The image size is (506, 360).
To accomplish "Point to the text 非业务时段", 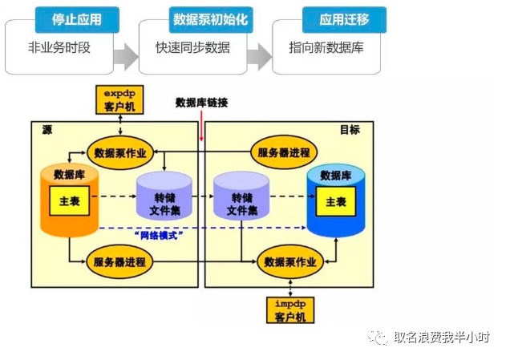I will [60, 47].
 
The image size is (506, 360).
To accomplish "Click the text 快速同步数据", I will [192, 47].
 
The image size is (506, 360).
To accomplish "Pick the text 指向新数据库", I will [326, 47].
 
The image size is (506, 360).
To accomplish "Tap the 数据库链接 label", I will [202, 103].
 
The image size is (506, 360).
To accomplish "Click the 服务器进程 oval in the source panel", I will [119, 261].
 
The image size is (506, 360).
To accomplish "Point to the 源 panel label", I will [47, 129].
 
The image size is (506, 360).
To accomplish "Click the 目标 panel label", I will [350, 129].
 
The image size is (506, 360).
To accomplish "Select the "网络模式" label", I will [162, 235].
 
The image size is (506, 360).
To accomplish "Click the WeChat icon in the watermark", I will [377, 338].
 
